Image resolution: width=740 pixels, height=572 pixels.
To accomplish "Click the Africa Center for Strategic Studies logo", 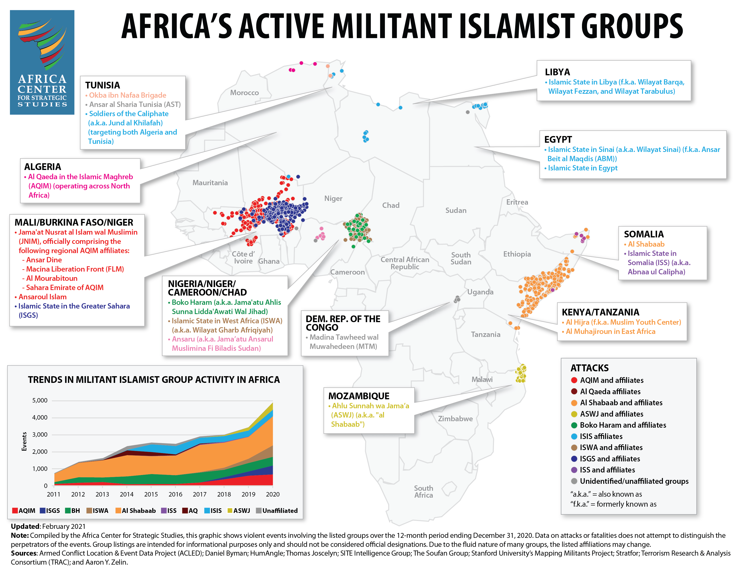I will pos(42,62).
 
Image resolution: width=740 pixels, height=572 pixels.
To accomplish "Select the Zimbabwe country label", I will pos(455,419).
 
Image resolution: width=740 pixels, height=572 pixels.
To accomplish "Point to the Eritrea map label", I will pos(517,202).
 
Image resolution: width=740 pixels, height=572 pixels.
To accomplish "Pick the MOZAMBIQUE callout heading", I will pos(359,396).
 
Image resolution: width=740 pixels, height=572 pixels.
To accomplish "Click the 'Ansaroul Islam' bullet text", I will pos(42,297).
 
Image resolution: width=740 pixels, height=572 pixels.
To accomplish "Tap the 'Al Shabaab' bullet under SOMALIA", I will pos(646,244).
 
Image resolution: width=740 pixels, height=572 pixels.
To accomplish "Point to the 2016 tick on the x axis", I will pos(175,494).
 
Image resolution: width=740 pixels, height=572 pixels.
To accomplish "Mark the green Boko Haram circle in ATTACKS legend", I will pos(574,425).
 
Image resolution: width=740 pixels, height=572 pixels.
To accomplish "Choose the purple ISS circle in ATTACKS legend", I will pos(574,470).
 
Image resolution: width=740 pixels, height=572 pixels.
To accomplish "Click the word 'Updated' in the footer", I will pos(25,527).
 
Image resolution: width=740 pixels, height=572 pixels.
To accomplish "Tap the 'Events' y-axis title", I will pos(24,442).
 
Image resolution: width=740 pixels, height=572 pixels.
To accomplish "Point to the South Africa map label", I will pos(423,492).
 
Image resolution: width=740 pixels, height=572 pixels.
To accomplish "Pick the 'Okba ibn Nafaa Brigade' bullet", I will pos(127,95).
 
